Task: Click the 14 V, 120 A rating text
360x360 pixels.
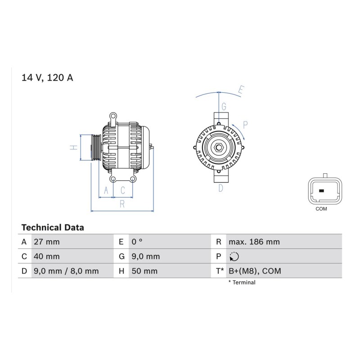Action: pos(47,77)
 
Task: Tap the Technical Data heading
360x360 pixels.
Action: pos(53,228)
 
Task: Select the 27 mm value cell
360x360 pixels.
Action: pos(47,242)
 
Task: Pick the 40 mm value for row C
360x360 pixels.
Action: pos(47,256)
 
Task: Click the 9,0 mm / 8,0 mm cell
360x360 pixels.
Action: pos(66,271)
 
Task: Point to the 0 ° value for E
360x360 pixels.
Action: pos(137,242)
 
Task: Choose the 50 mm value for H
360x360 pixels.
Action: pos(144,271)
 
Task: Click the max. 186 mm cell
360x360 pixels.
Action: pos(254,242)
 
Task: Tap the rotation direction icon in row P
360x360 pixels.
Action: pos(234,256)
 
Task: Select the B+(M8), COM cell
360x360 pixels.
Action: pos(255,271)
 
